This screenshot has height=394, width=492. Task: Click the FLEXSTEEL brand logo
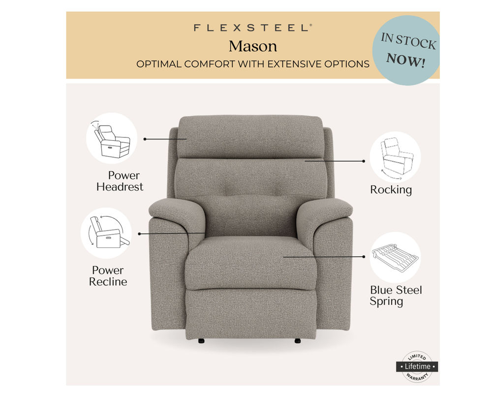[253, 28]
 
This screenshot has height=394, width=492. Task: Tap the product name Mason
[253, 46]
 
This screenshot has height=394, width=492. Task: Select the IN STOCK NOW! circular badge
[406, 50]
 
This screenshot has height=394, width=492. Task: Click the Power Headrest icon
[111, 138]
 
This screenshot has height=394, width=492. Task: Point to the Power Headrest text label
[120, 181]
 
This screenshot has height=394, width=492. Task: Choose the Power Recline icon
[106, 233]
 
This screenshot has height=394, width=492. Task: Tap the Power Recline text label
[108, 276]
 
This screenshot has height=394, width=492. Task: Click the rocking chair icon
[396, 157]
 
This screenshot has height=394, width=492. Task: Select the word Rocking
[391, 190]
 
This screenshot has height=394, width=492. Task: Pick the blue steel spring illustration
[396, 258]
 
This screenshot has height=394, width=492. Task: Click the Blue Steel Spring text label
[396, 295]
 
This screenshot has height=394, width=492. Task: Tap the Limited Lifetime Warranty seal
[417, 366]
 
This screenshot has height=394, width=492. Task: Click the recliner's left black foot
[201, 341]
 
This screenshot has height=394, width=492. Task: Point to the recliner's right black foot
[298, 341]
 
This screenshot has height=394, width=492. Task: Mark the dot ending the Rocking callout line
[364, 161]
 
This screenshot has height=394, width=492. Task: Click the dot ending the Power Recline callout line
[139, 234]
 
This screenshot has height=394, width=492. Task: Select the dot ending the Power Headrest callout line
[145, 139]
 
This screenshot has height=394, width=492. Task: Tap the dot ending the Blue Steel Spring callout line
[364, 257]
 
